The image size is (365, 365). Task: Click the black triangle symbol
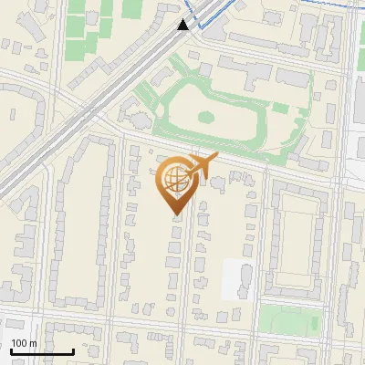pos(183,25)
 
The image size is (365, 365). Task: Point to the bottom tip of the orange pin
pos(175,215)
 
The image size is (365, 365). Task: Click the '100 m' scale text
pos(24,343)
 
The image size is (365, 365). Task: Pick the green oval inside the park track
pos(206,117)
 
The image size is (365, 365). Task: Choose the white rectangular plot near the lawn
pos(236,278)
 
